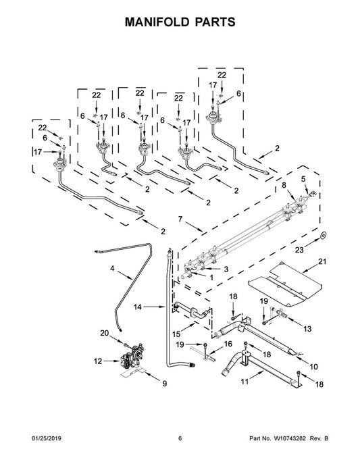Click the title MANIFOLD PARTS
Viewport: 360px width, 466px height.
pos(180,22)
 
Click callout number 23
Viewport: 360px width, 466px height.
pos(299,250)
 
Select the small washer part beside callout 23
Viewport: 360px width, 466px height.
pos(323,236)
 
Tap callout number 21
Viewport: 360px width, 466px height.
pos(322,261)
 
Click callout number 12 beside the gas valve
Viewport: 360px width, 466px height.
pos(98,361)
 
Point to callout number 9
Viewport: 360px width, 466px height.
pos(164,384)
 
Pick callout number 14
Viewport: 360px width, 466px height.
pos(137,307)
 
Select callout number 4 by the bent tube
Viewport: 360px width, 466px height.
pos(112,268)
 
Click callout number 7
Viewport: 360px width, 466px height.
pos(180,219)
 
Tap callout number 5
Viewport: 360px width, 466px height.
pos(303,179)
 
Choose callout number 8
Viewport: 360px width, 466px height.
pos(284,185)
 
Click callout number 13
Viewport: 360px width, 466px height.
pos(307,329)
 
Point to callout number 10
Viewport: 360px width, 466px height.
pos(313,367)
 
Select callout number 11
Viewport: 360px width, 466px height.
pos(245,382)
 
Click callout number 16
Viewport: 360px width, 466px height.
pos(228,344)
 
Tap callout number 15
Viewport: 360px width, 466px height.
pos(176,334)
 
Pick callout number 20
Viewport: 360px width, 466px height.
pos(104,333)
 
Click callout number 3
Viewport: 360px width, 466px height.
pos(226,269)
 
